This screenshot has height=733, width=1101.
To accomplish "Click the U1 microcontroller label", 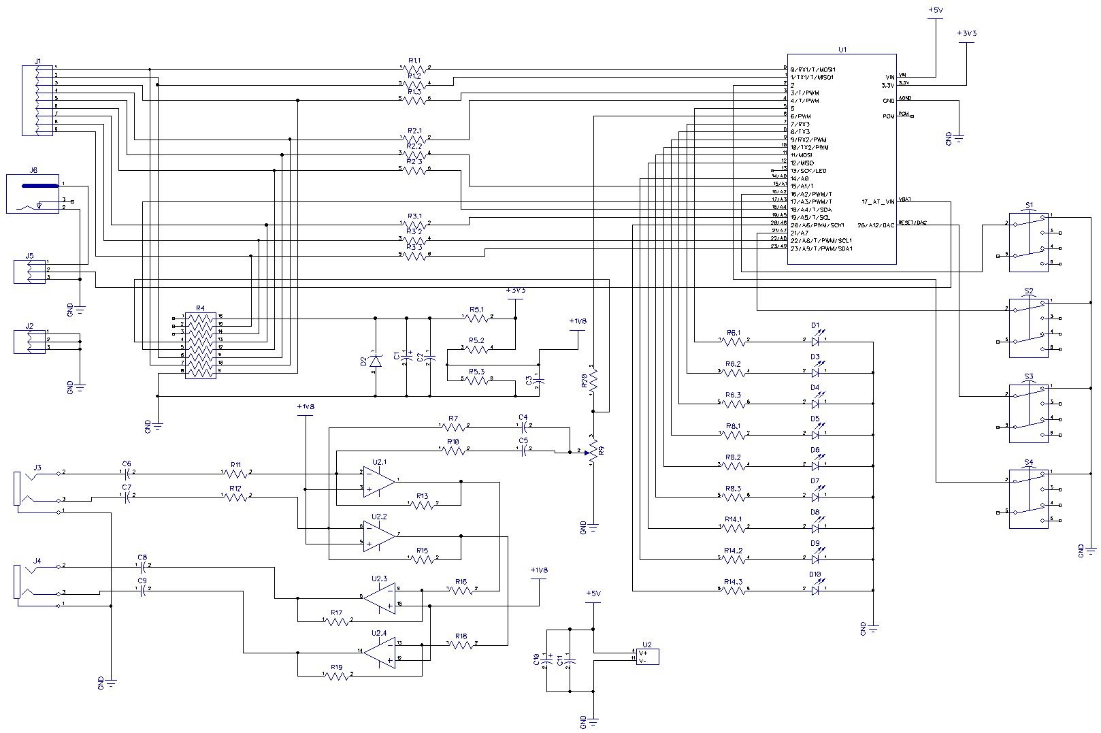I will click(x=842, y=50).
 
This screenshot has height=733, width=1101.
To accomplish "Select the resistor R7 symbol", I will click(x=453, y=427).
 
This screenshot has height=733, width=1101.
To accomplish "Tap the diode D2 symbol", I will click(x=374, y=361).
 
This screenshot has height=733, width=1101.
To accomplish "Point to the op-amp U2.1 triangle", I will click(x=378, y=481).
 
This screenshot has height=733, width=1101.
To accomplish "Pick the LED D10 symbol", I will click(x=815, y=590).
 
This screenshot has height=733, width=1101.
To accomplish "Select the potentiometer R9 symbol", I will click(x=593, y=451).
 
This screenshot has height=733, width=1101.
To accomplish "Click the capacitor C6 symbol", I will click(x=127, y=472).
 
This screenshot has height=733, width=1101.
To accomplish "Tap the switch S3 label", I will click(x=1028, y=376).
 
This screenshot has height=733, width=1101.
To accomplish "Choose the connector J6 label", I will click(x=33, y=170).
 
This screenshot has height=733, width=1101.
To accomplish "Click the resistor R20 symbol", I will click(x=593, y=381).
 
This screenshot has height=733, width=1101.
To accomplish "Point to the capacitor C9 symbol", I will click(x=142, y=591).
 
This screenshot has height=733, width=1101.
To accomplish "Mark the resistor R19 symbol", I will click(x=336, y=675).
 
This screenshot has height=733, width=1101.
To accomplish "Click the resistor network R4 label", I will click(x=200, y=308).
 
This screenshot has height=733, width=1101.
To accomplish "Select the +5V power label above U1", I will click(x=936, y=10).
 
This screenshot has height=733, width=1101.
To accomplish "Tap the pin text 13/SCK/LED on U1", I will click(x=808, y=171).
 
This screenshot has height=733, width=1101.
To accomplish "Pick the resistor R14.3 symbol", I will click(x=733, y=590).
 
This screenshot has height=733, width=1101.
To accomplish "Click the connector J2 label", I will click(x=29, y=326).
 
